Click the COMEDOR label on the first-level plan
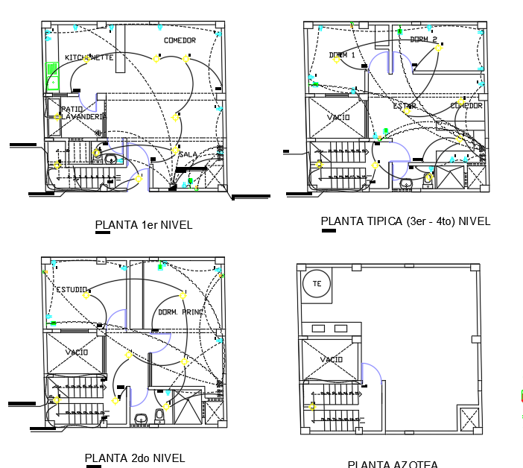[x=180, y=40]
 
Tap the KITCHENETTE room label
[x=89, y=58]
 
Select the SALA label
[x=188, y=154]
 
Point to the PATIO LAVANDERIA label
[x=82, y=113]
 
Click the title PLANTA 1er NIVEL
[x=144, y=225]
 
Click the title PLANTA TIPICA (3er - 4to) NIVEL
[x=405, y=221]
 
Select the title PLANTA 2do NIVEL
[x=134, y=458]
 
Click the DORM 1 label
[x=342, y=55]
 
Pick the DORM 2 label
[x=423, y=40]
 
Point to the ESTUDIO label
[x=72, y=289]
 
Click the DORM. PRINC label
[x=180, y=312]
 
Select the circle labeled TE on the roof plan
[x=316, y=283]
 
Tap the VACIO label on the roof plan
[x=332, y=360]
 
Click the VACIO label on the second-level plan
[x=76, y=352]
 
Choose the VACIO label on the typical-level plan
[x=337, y=118]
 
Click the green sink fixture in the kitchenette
[x=53, y=76]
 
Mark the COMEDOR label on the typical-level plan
[x=466, y=106]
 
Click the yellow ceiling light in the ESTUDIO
[x=86, y=295]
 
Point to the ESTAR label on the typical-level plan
[x=405, y=107]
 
